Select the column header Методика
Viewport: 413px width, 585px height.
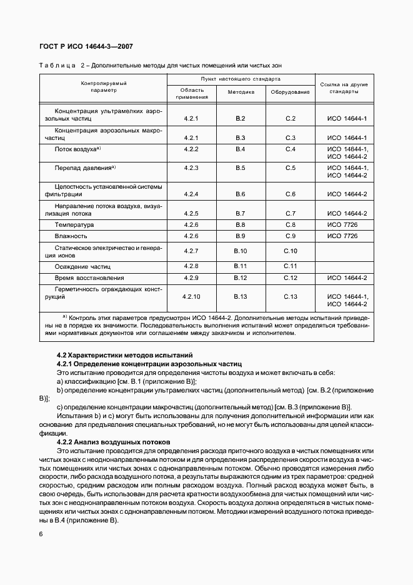pos(241,92)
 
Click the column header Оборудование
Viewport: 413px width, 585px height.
pos(290,92)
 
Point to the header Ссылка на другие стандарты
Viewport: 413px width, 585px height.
pos(344,87)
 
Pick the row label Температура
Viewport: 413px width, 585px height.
pos(74,224)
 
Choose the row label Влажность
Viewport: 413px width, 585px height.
pos(71,236)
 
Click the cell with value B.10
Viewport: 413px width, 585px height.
pos(241,251)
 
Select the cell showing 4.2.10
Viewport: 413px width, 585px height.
pos(191,296)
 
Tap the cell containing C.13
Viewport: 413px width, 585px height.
pos(290,296)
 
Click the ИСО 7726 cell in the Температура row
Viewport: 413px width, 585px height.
pos(342,224)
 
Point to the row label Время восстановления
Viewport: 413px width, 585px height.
pos(89,277)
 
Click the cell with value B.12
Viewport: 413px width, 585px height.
pos(241,277)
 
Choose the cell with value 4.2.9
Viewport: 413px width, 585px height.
pos(191,277)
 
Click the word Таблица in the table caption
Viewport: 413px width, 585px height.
pos(57,65)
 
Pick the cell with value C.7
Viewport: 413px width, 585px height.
pos(290,213)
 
